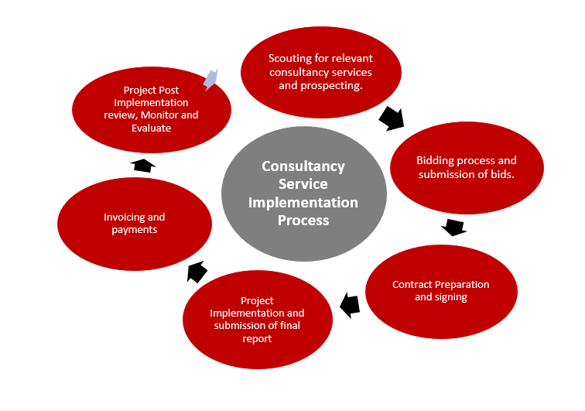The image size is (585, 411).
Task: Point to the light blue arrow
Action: pos(210,77)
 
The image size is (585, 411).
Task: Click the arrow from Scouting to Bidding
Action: pos(392,118)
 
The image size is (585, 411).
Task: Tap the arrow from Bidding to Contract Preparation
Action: pos(453,228)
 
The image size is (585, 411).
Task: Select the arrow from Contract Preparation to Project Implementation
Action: pos(350,304)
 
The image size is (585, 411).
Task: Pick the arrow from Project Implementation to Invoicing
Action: pos(197,271)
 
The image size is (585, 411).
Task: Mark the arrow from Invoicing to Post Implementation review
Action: pos(143,164)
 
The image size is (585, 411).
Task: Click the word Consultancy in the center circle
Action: pos(303,166)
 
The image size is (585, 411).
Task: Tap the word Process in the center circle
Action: pos(303,220)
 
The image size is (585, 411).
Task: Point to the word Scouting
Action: pos(289,58)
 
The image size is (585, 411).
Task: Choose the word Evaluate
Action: pos(152,128)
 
